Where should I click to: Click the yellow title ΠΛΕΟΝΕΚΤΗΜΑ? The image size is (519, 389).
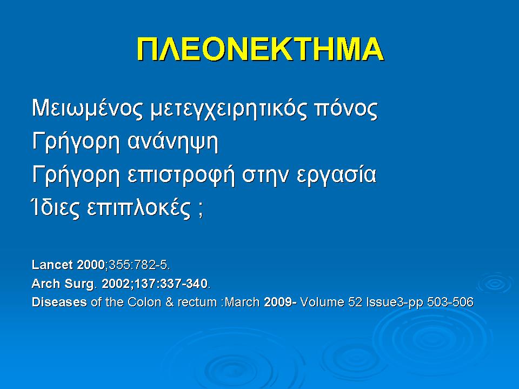click(259, 50)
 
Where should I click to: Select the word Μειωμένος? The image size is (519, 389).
click(87, 109)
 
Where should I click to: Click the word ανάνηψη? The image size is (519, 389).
click(172, 143)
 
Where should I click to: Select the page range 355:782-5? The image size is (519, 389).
click(138, 265)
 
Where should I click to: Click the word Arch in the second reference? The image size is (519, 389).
click(43, 284)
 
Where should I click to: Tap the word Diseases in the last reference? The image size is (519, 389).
click(59, 302)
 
